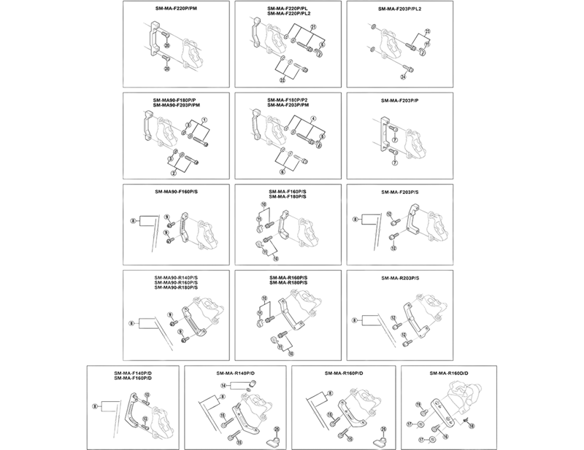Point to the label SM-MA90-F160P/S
tap(177, 192)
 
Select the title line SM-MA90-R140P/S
tap(177, 277)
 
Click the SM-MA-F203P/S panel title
tap(400, 192)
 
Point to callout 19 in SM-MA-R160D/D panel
tap(419, 403)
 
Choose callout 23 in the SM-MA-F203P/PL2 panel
tap(429, 31)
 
